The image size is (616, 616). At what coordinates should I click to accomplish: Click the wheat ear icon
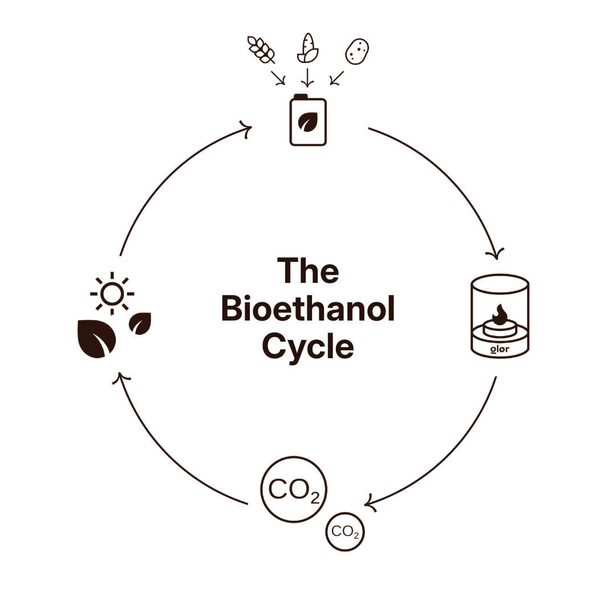(x=261, y=49)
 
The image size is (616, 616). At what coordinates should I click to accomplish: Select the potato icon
(x=357, y=51)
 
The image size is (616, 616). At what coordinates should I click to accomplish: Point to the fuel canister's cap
(x=301, y=96)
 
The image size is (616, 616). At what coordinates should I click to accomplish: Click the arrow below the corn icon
(x=308, y=77)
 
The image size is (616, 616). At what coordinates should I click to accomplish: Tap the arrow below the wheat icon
(x=278, y=78)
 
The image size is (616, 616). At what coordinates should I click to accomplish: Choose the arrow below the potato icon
(x=337, y=78)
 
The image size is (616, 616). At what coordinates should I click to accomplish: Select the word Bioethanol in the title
(x=308, y=309)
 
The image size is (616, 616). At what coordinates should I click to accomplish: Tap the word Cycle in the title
(x=308, y=346)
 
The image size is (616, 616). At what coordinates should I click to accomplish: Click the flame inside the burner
(x=500, y=314)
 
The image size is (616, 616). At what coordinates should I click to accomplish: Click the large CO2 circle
(x=294, y=489)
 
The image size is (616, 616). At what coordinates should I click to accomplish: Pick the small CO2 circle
(x=345, y=532)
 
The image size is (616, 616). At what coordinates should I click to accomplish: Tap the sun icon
(x=112, y=293)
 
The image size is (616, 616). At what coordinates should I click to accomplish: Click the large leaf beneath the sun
(x=96, y=339)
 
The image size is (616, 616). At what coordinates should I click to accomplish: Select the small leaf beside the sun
(x=140, y=323)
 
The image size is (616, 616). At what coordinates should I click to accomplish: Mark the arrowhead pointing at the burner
(x=499, y=253)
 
